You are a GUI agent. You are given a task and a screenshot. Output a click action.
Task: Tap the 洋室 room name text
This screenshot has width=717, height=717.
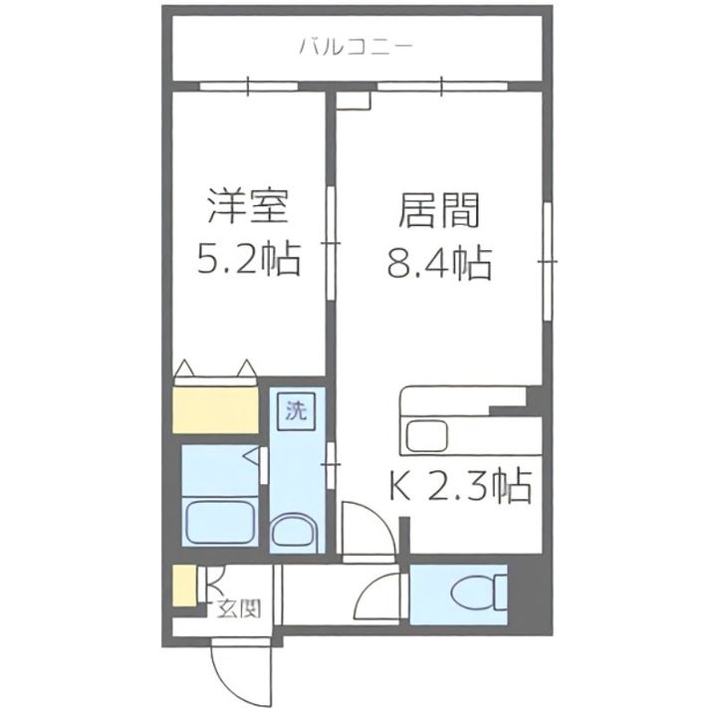[x=249, y=210]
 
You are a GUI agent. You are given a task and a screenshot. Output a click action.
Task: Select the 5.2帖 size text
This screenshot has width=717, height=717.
[x=249, y=262]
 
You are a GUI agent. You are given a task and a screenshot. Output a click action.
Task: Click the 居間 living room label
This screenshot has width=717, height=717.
[x=440, y=210]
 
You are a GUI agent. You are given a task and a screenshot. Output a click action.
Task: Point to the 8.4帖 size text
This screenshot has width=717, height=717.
[x=440, y=263]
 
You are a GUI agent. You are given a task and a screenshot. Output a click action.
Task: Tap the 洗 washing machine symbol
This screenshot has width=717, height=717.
[x=295, y=410]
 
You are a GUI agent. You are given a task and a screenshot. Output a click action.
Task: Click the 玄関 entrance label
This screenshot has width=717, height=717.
[x=238, y=607]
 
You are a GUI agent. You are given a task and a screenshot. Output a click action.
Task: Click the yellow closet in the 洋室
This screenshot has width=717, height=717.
[x=216, y=409]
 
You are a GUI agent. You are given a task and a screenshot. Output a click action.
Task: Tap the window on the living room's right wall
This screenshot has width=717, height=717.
[x=547, y=261]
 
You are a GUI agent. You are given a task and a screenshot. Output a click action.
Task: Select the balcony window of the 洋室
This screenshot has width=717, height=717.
[x=248, y=86]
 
